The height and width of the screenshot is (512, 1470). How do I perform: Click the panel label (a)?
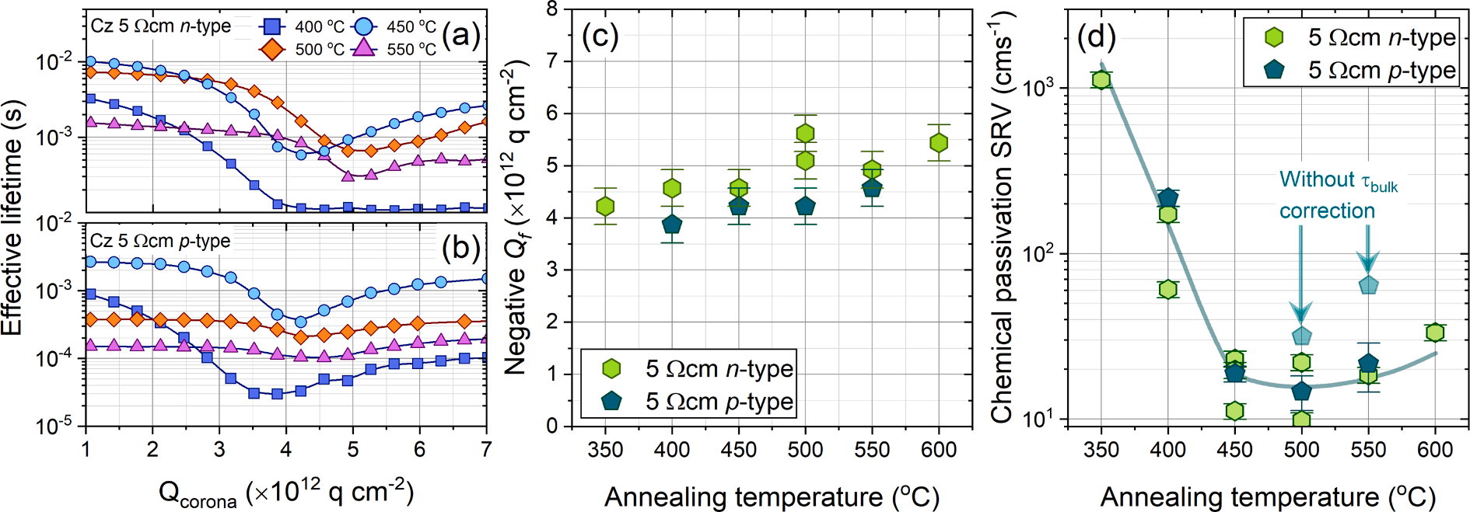pos(460,35)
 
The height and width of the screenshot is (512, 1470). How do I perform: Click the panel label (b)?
pos(460,247)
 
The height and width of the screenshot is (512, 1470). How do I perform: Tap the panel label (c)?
pos(600,37)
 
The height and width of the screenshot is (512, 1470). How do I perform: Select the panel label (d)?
pos(1096,37)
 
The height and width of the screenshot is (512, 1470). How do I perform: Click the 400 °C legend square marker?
pos(271,27)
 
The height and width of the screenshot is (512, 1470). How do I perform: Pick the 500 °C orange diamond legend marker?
pos(271,49)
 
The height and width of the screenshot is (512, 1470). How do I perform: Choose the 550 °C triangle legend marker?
pos(363,49)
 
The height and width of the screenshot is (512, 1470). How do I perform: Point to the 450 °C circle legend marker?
pos(363,27)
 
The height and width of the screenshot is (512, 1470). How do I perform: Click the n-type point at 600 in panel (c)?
pos(939,143)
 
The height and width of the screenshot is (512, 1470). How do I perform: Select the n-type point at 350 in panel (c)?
pos(605,206)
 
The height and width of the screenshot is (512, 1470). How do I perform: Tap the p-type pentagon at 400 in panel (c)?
pos(672,225)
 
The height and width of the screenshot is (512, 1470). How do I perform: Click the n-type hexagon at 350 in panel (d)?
pos(1101,80)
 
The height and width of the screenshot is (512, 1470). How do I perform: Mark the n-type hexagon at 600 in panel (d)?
pos(1435,333)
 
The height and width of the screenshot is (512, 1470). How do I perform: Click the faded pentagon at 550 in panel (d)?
pos(1368,285)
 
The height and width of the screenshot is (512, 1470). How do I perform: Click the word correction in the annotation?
pos(1327,211)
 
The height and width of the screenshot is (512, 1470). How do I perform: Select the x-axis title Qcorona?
pos(286,493)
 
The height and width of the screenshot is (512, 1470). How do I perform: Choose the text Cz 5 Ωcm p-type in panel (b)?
pos(160,241)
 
